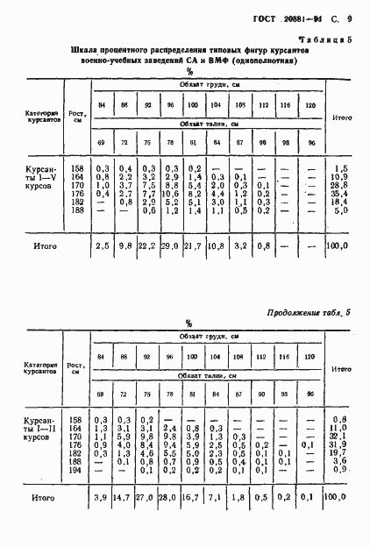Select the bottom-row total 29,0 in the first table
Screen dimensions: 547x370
click(x=172, y=248)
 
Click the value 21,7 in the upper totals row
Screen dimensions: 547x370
click(x=195, y=248)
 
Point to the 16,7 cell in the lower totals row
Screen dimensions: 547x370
click(x=195, y=497)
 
